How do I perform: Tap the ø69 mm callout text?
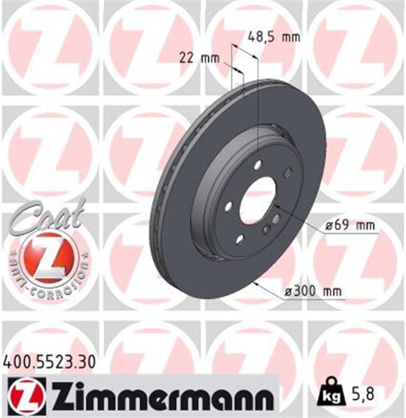click(351, 226)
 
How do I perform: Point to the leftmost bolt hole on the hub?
click(228, 206)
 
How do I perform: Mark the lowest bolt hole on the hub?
click(240, 240)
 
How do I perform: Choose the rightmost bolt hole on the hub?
click(288, 172)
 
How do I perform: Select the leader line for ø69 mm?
click(301, 222)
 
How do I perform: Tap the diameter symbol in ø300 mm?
click(288, 291)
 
